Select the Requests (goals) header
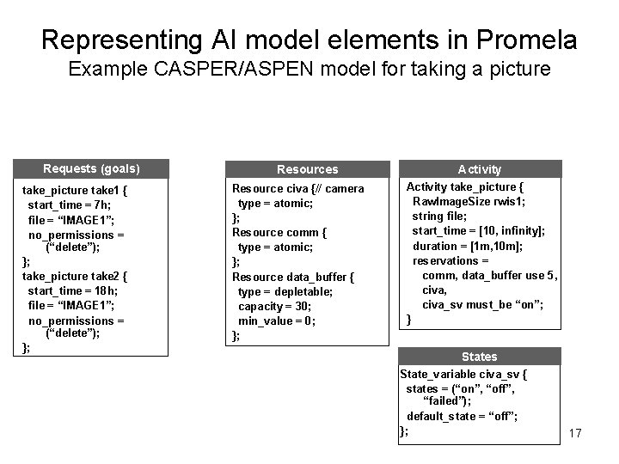[91, 168]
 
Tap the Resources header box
[307, 169]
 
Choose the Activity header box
[480, 169]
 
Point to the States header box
[480, 357]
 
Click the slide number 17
[575, 433]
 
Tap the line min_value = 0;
[277, 321]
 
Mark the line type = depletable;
[285, 291]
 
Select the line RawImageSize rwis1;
[469, 201]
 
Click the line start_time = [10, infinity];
[479, 231]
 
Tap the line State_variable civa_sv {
[464, 374]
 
